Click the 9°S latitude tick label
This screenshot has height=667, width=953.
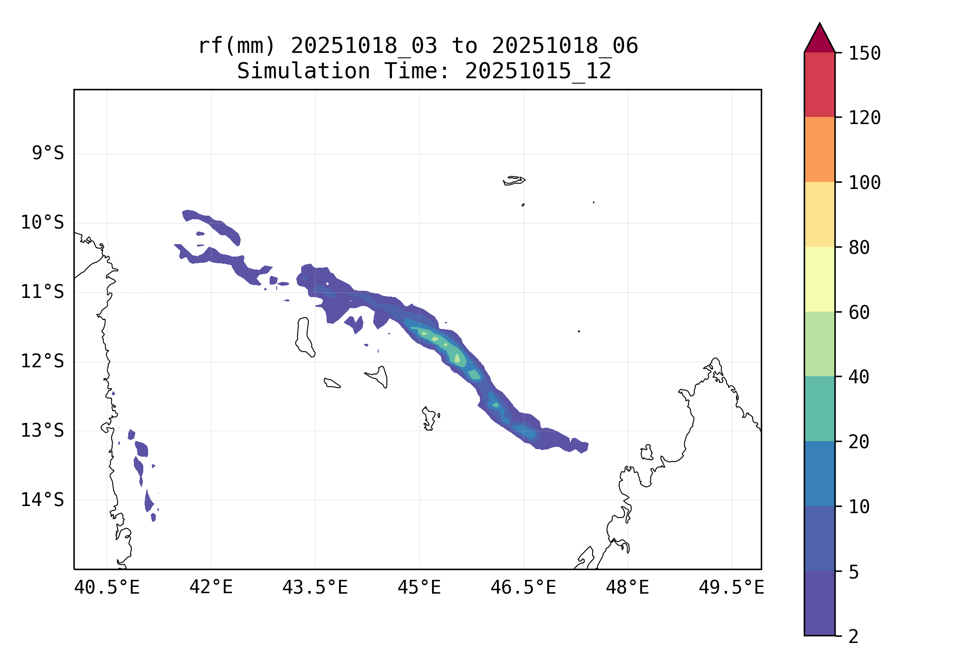[x=48, y=153]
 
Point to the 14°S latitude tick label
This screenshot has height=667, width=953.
[x=42, y=500]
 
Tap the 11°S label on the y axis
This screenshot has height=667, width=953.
[x=42, y=292]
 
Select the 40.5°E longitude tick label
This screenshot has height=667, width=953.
[x=107, y=587]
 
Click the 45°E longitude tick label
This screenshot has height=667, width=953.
[x=419, y=587]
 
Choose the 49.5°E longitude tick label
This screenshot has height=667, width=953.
[x=731, y=587]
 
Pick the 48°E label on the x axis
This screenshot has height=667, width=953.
[x=627, y=587]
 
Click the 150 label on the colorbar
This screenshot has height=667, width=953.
[x=864, y=53]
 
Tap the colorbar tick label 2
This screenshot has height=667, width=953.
[x=853, y=636]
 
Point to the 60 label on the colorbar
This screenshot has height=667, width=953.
[x=859, y=312]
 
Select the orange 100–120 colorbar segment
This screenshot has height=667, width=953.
[x=820, y=149]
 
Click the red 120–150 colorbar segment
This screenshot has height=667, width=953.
[x=820, y=84]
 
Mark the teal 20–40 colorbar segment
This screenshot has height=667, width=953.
[x=820, y=409]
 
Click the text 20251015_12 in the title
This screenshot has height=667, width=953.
[x=538, y=71]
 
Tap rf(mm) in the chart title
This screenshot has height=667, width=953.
[x=237, y=45]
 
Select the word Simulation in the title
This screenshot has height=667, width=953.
[x=303, y=71]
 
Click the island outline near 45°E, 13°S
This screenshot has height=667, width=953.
[x=429, y=418]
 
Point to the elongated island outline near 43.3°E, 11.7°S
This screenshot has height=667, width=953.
[x=304, y=336]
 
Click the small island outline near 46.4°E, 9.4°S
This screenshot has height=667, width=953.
[x=514, y=180]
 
